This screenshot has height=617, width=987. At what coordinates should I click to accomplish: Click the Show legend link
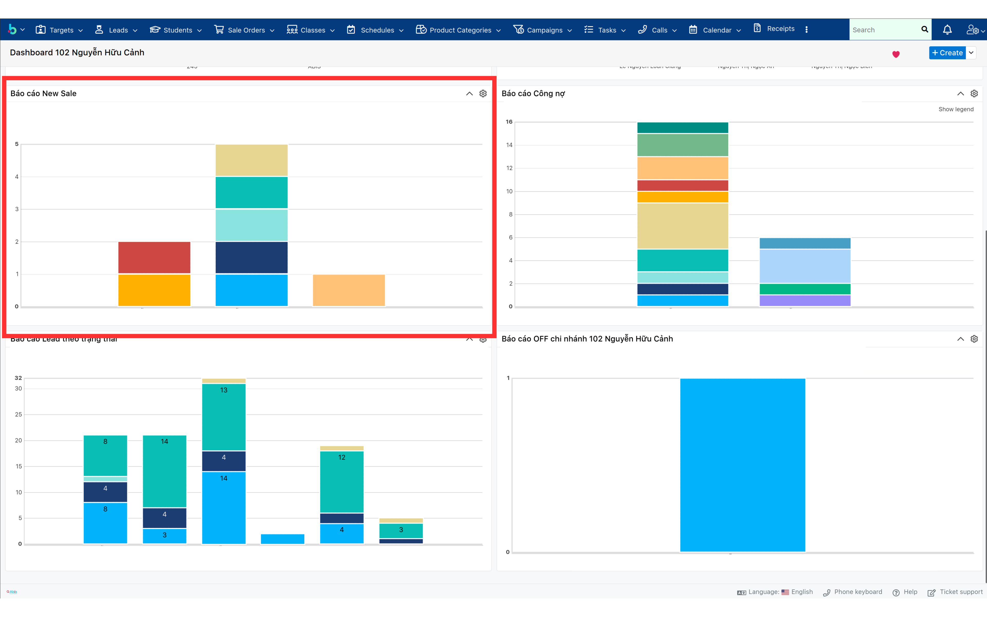point(956,109)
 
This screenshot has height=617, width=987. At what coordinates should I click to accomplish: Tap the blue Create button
point(947,53)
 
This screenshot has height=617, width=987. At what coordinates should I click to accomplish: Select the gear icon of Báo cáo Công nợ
point(974,93)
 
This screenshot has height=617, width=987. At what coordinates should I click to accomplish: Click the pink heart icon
point(896,54)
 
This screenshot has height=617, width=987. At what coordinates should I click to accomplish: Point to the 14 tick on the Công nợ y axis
point(509,145)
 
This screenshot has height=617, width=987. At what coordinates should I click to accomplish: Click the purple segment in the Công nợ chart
point(805,301)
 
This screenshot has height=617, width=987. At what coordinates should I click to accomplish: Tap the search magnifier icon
point(925,29)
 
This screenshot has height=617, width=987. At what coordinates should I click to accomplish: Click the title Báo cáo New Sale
point(43,93)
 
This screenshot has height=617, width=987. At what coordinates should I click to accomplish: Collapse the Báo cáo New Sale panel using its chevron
point(469,93)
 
